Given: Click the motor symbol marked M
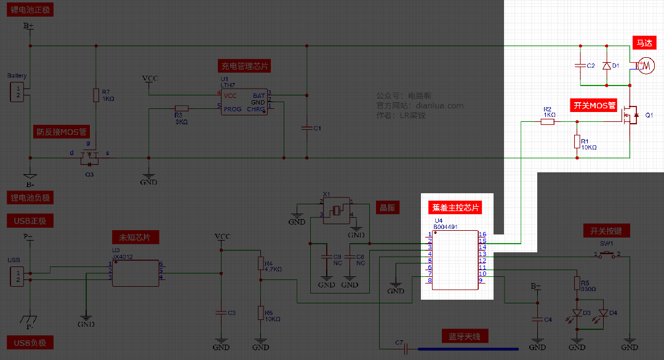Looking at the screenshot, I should pyautogui.click(x=646, y=65).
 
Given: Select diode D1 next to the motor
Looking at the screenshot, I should pyautogui.click(x=606, y=65).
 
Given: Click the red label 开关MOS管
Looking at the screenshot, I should pyautogui.click(x=594, y=105).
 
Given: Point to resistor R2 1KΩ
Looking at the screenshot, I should pyautogui.click(x=548, y=122).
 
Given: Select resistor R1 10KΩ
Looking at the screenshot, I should pyautogui.click(x=577, y=142).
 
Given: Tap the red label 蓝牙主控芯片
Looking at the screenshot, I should pyautogui.click(x=455, y=207).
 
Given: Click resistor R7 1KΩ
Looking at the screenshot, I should pyautogui.click(x=96, y=95).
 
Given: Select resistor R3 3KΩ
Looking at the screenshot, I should pyautogui.click(x=181, y=108).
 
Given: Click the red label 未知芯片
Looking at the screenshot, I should pyautogui.click(x=135, y=237).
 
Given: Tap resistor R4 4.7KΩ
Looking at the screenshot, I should pyautogui.click(x=260, y=263).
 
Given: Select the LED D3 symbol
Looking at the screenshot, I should pyautogui.click(x=577, y=313).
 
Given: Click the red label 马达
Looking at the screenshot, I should pyautogui.click(x=644, y=43).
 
